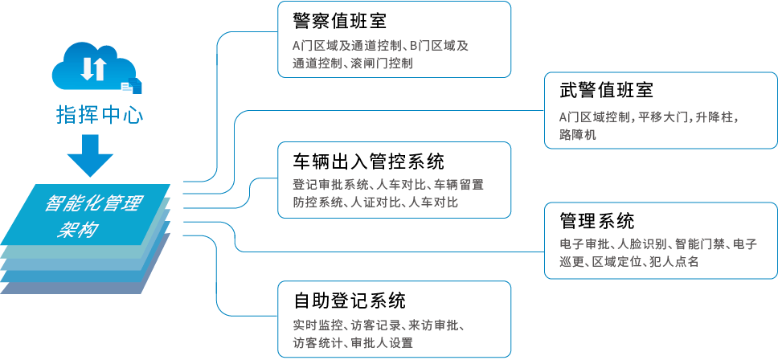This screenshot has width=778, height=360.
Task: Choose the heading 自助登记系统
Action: point(350,301)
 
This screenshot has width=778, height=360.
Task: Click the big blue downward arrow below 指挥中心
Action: point(90,155)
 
